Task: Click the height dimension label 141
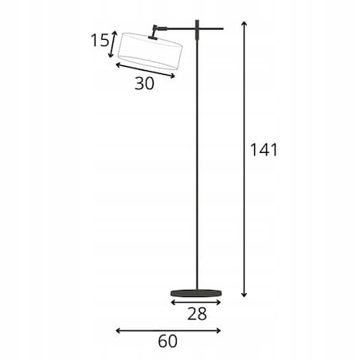click(264, 150)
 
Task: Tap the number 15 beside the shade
click(100, 41)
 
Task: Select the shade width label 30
click(144, 84)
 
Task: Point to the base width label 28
click(197, 314)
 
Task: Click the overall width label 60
click(167, 341)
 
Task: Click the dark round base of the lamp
click(196, 293)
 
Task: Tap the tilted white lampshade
click(150, 51)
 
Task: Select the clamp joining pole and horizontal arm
click(197, 29)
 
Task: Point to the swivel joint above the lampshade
click(155, 31)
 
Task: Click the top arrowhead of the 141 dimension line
click(245, 22)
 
